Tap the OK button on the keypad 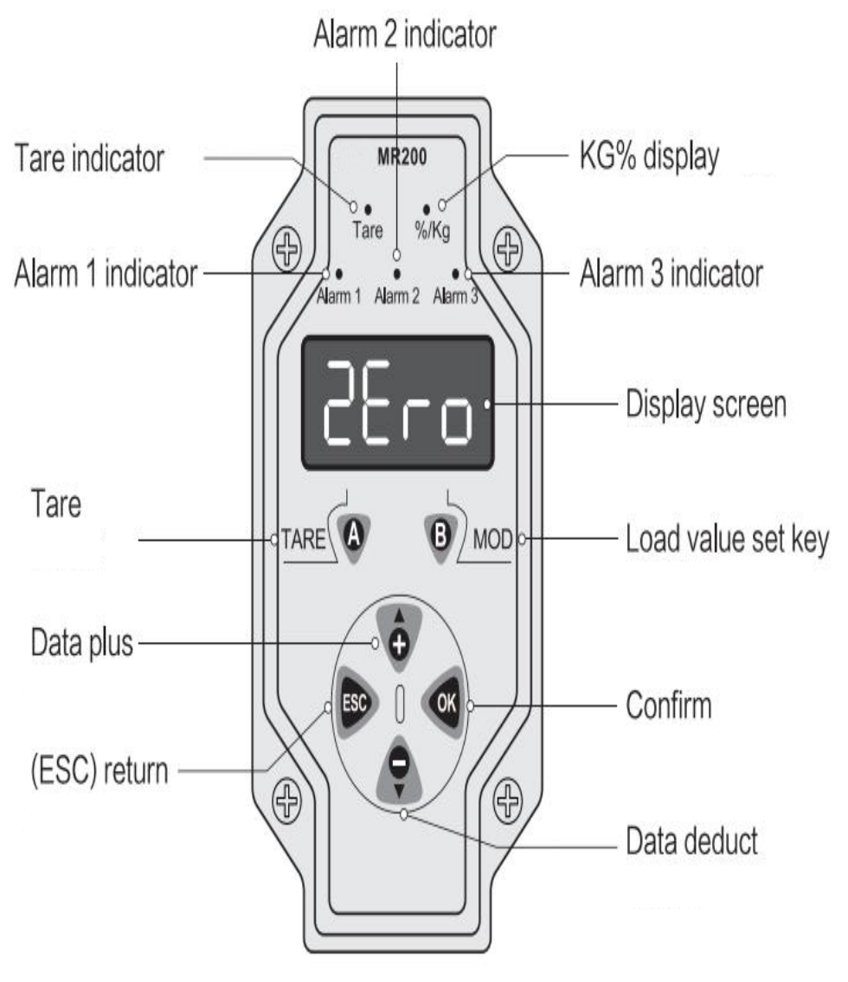446,703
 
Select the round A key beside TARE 354,536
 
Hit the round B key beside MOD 441,536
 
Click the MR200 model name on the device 402,157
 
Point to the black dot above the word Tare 368,209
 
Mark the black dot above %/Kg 427,209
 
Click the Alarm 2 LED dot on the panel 397,273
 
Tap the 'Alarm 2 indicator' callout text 405,34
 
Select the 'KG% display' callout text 650,156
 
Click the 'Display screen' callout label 706,404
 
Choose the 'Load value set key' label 727,539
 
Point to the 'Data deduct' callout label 691,840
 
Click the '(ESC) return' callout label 100,770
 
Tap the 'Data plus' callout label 82,643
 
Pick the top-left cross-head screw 287,248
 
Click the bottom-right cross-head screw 508,800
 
